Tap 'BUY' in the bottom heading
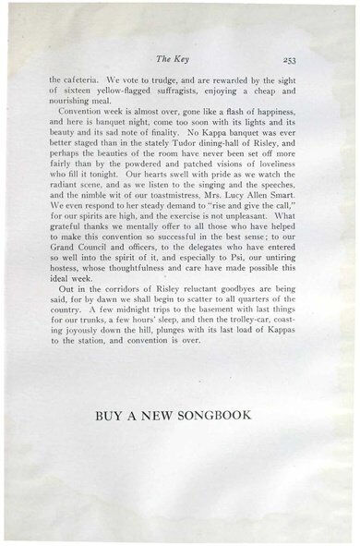pos(110,416)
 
